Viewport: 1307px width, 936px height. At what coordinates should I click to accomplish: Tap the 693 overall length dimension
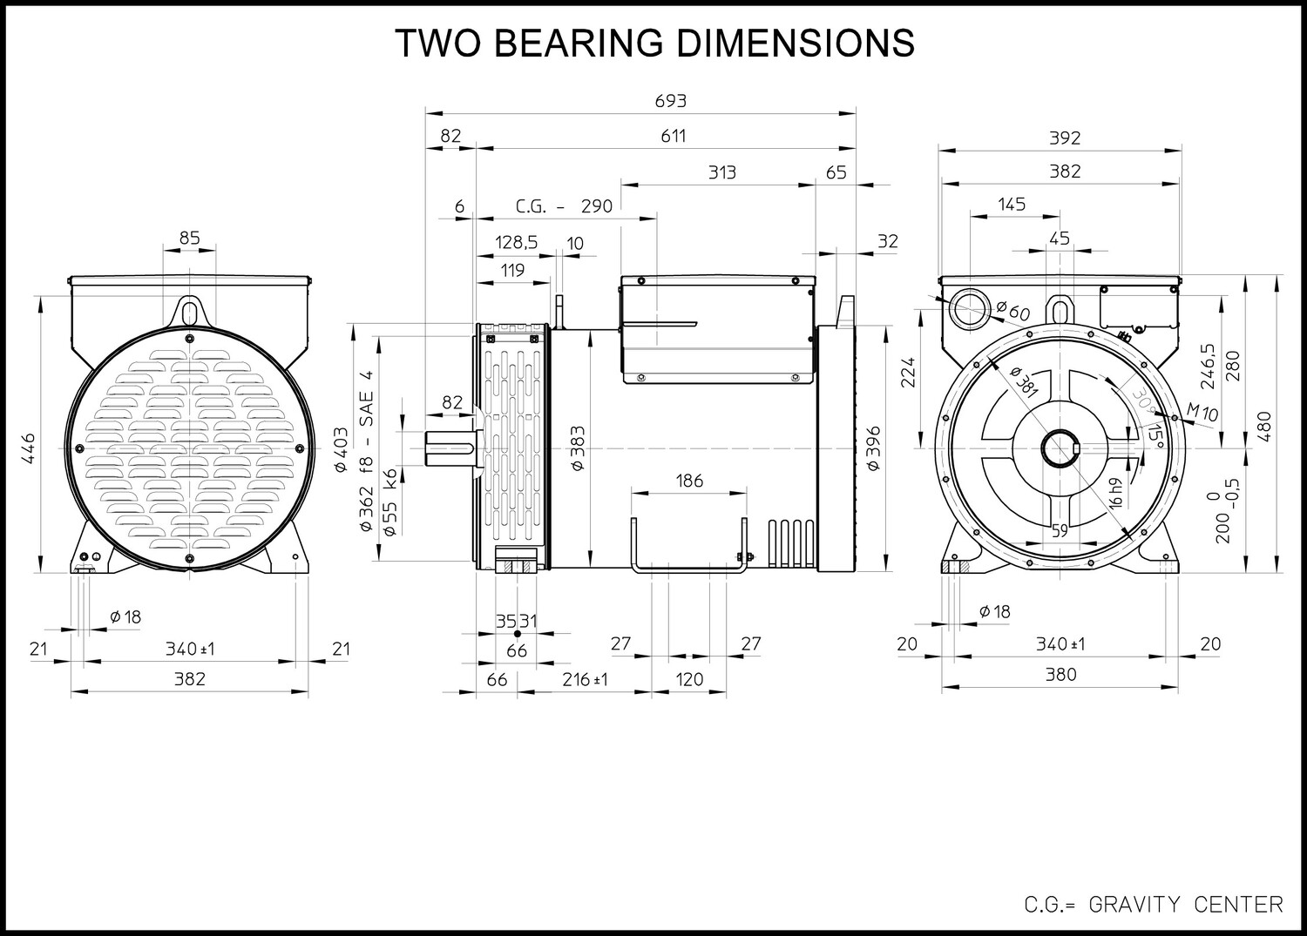670,101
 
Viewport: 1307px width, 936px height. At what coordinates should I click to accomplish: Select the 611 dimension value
673,136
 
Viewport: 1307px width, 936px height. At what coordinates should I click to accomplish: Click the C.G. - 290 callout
564,205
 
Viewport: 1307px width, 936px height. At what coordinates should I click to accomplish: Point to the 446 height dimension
28,448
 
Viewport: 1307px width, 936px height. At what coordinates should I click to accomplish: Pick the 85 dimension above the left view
190,238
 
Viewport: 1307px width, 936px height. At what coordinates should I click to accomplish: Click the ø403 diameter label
341,449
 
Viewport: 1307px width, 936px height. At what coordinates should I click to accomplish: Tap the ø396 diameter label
873,448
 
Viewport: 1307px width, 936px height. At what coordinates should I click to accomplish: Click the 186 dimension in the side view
689,481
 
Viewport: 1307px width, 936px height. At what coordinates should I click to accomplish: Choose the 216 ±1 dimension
585,679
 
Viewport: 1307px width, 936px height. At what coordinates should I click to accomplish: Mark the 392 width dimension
1065,138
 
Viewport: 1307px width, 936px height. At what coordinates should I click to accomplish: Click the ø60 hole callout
1012,310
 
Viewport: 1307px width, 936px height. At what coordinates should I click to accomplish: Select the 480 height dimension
1263,427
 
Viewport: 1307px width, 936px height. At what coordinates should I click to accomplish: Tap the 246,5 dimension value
1208,367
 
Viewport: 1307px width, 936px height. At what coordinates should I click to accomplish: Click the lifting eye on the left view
189,311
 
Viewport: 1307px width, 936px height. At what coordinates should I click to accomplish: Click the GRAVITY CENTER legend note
1186,905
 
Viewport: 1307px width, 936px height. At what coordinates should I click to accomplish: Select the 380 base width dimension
1060,674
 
